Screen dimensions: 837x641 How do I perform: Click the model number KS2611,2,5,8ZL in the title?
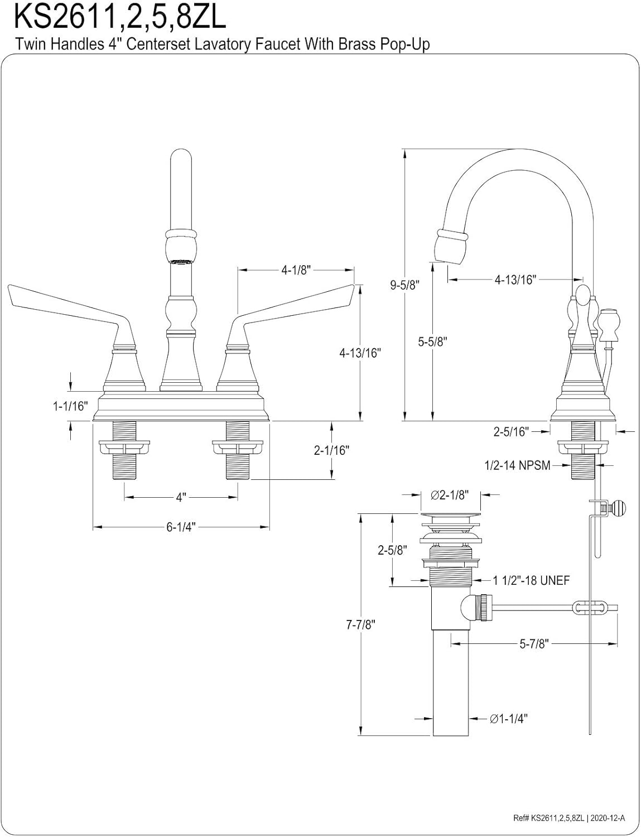[120, 17]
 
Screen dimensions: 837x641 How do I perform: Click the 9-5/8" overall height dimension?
[404, 285]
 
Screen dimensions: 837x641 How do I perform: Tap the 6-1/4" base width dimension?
[181, 527]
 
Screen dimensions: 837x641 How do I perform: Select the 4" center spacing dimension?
[181, 497]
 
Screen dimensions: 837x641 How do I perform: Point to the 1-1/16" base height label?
[71, 406]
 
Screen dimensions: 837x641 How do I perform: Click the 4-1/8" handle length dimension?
[296, 270]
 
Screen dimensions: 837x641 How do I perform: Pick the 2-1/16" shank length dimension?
[331, 450]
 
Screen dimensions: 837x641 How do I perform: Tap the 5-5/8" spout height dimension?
[433, 341]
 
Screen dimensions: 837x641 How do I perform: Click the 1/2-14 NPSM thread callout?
[517, 465]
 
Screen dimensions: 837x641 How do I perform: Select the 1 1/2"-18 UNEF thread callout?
[531, 580]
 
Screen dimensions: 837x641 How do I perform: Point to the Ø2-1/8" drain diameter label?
[449, 494]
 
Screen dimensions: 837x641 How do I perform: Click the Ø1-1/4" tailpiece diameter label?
[509, 719]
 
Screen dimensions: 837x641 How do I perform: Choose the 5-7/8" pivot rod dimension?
[534, 644]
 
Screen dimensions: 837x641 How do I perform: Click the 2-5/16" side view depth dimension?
[510, 431]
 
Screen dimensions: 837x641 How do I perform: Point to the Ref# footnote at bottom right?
[569, 818]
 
